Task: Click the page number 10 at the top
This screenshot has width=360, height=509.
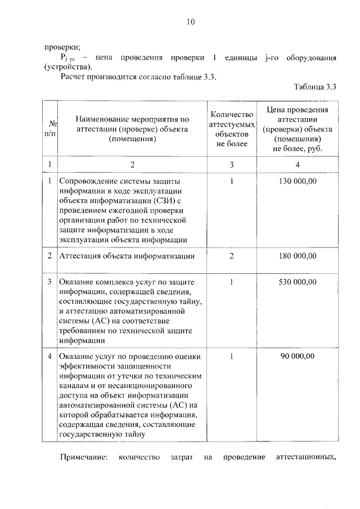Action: click(190, 22)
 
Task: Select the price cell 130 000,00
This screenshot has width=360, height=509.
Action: click(298, 181)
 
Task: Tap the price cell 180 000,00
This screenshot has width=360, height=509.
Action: click(298, 256)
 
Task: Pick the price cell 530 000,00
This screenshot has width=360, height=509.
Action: click(298, 282)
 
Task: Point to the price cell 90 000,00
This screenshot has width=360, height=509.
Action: click(298, 356)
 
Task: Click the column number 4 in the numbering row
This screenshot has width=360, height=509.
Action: click(298, 164)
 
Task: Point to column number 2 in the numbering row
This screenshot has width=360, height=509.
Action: click(132, 164)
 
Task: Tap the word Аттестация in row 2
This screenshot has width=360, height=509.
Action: click(79, 256)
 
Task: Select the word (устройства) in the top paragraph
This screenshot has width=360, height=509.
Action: click(67, 67)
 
